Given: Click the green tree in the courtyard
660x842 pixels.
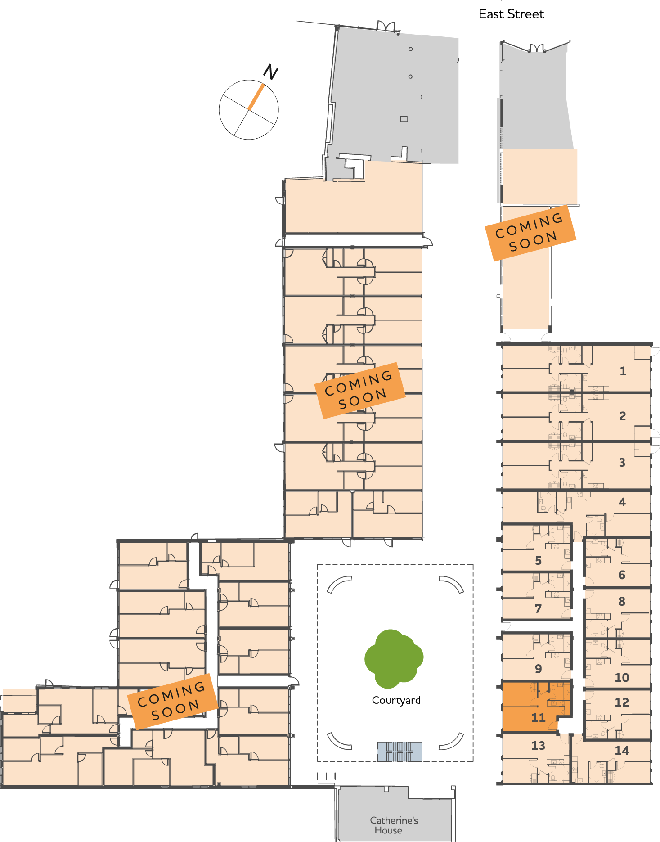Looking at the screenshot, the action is [x=394, y=658].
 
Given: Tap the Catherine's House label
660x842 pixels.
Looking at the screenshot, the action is [x=394, y=825].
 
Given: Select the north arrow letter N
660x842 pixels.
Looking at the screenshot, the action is [x=270, y=72].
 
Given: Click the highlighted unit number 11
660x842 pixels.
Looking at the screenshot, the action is [x=538, y=718].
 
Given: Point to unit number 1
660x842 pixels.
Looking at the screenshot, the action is [x=623, y=371].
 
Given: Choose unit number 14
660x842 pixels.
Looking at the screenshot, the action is [x=622, y=751].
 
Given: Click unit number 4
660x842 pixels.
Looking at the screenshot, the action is [x=622, y=502].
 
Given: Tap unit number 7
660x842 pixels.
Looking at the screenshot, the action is [x=538, y=609].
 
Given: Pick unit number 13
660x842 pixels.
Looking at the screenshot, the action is [x=538, y=746].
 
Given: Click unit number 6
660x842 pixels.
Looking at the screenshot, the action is [x=622, y=575].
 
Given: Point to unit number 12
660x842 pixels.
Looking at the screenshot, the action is [x=622, y=702].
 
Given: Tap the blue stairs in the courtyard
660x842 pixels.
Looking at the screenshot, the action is [x=400, y=751].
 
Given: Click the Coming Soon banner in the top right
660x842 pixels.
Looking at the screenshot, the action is [x=530, y=233].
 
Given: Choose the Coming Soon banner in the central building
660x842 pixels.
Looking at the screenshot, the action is [x=359, y=390].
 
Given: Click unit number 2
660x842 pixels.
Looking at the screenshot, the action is [x=622, y=416].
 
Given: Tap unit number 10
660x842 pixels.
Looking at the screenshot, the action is [x=622, y=677].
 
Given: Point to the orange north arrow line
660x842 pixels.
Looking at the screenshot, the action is [x=256, y=97].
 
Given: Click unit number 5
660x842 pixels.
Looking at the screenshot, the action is [x=538, y=561].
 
